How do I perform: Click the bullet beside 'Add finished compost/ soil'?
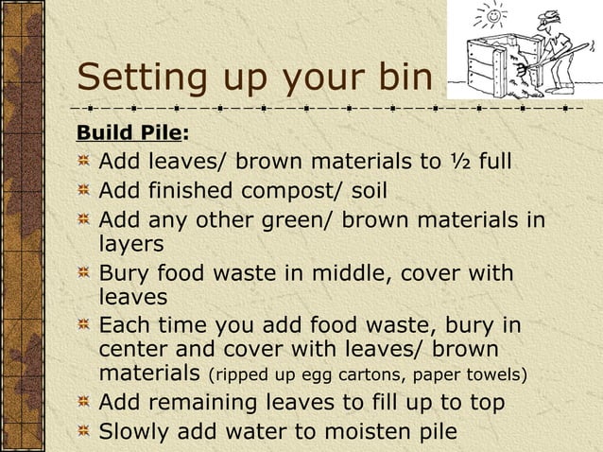tap(85, 192)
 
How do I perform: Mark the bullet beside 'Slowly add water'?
tap(85, 432)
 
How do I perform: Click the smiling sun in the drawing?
tap(491, 17)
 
